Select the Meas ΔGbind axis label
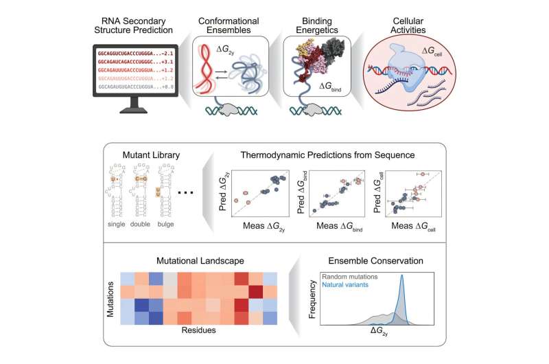tap(338, 225)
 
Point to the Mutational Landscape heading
tap(197, 260)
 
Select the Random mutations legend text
tap(355, 277)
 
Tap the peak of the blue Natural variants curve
tap(402, 277)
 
